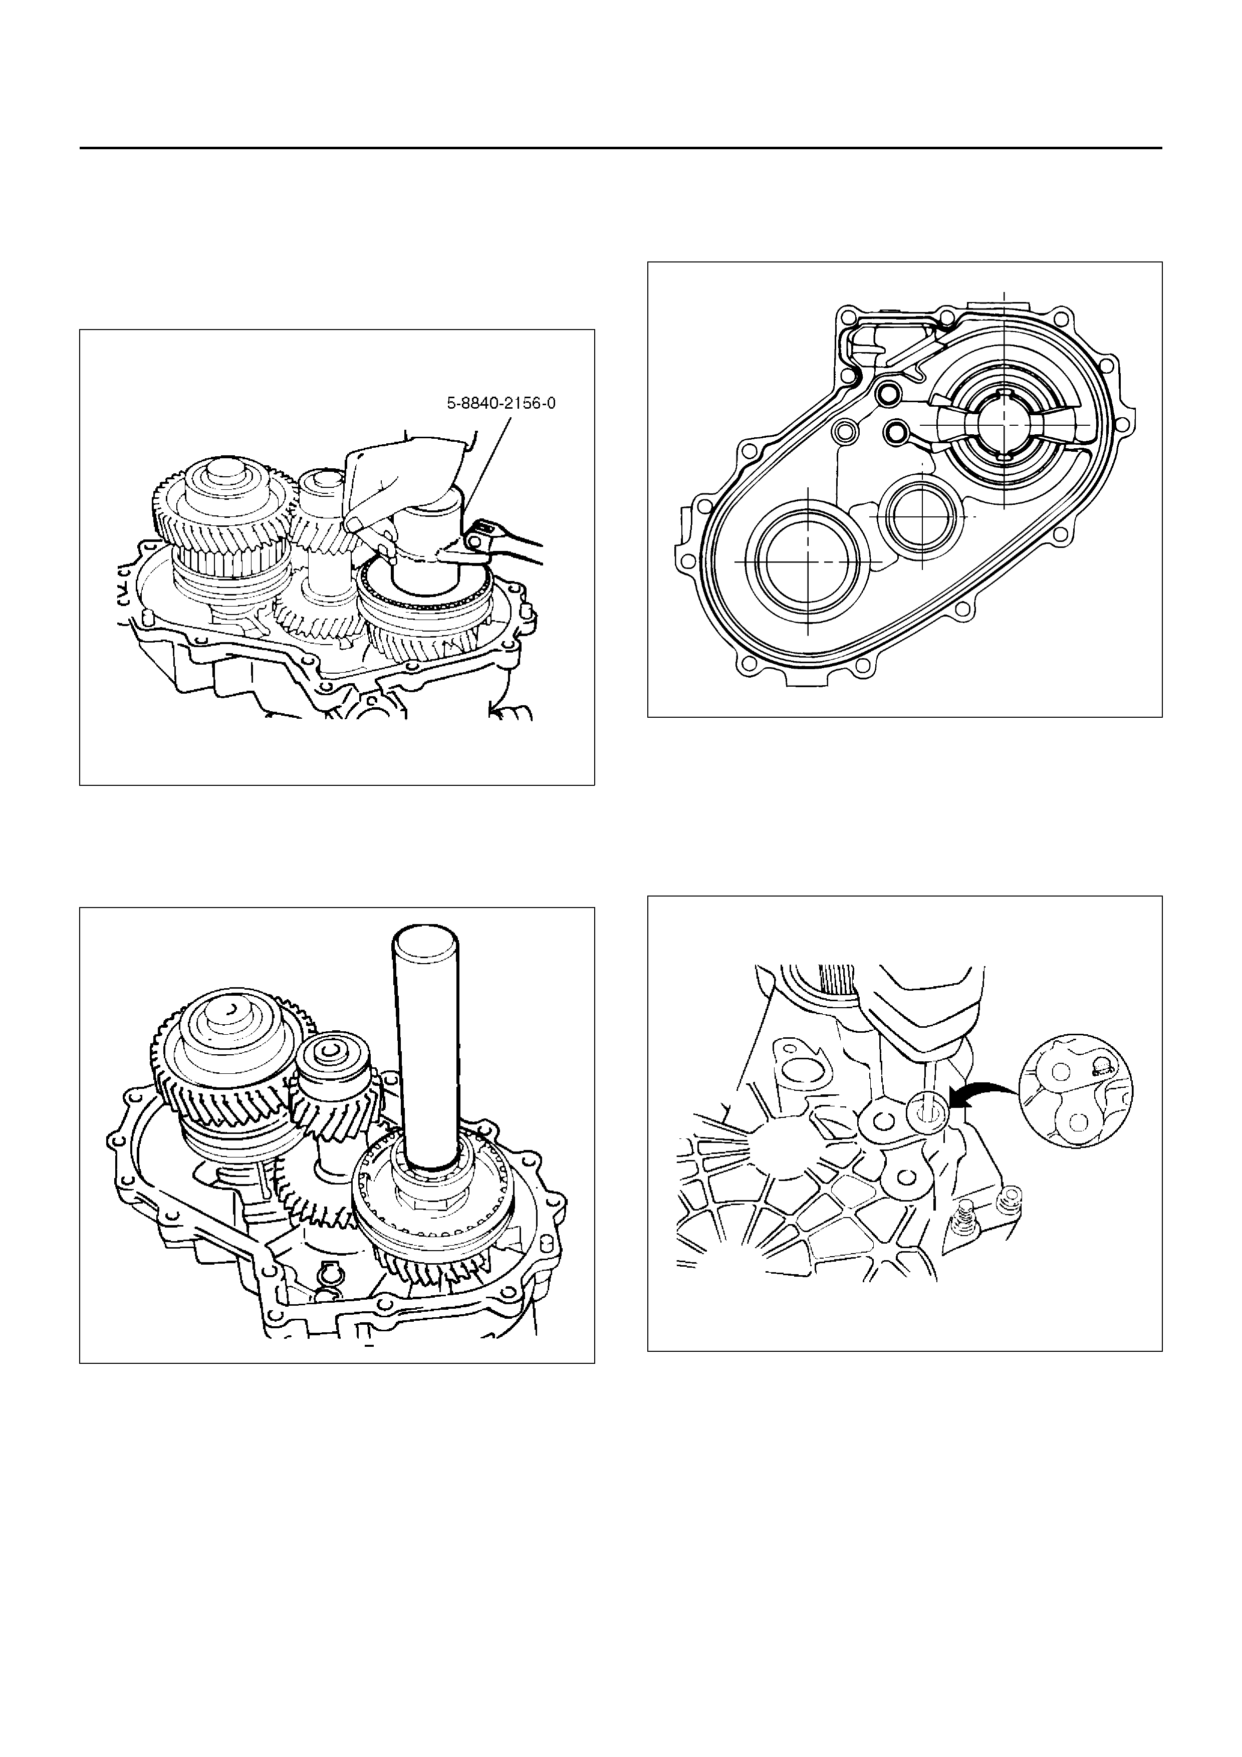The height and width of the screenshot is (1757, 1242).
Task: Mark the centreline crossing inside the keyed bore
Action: [x=1003, y=423]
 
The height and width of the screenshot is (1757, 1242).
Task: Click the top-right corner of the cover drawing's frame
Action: [x=1162, y=262]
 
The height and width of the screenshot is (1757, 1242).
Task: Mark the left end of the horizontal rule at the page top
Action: [x=80, y=148]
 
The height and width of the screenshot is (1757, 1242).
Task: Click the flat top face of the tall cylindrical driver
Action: [x=427, y=944]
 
